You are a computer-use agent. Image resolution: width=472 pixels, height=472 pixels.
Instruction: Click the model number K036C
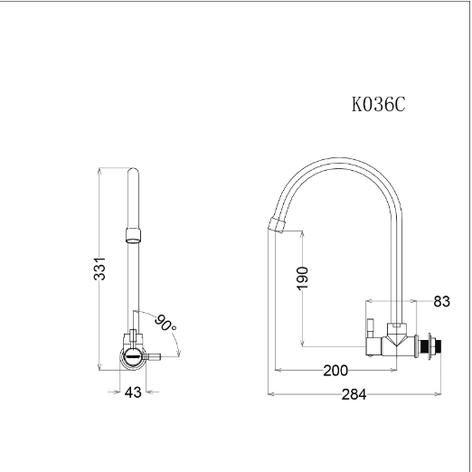(379, 104)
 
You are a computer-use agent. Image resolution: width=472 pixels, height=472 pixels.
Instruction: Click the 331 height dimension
(99, 269)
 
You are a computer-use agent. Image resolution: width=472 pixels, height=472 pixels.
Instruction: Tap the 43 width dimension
(133, 392)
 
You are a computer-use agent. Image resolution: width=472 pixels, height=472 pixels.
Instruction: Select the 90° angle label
(165, 323)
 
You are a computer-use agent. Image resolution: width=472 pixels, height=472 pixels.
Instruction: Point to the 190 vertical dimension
(303, 278)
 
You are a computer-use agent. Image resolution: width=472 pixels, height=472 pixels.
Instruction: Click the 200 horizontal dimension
(335, 371)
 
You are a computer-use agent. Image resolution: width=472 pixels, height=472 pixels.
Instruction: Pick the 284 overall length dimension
(354, 394)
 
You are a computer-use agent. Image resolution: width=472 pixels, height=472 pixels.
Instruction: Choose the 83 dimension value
(441, 301)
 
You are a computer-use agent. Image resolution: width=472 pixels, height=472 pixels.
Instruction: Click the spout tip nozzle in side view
(277, 225)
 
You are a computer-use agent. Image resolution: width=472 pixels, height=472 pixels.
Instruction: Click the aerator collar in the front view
(133, 236)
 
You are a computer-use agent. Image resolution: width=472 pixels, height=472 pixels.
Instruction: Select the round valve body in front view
(133, 357)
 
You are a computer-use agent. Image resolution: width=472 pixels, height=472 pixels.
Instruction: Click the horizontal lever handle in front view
(154, 357)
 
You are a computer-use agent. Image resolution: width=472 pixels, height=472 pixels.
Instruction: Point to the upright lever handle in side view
(371, 328)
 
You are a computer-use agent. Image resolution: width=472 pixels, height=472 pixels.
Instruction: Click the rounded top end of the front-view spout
(133, 170)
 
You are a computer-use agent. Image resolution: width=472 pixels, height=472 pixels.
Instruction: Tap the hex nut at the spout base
(397, 326)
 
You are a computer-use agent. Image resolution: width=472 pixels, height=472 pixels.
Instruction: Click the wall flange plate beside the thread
(416, 346)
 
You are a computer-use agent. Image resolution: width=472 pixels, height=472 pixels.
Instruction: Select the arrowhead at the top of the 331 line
(99, 171)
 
